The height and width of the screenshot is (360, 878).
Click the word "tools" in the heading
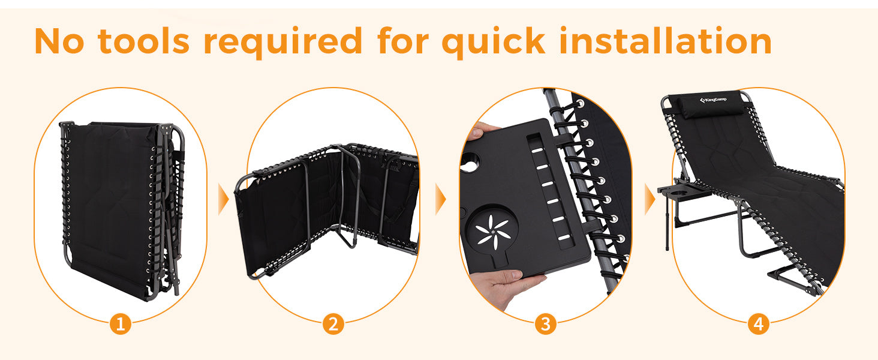click(x=143, y=41)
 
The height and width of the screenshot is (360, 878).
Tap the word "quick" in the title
click(x=494, y=42)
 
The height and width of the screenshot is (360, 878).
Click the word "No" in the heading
click(x=59, y=41)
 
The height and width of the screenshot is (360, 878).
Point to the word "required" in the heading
click(x=283, y=42)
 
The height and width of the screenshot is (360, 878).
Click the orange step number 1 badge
click(x=121, y=324)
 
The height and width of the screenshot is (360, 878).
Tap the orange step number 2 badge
click(x=333, y=324)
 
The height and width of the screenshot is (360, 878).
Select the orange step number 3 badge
click(x=546, y=324)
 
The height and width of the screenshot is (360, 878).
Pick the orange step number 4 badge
click(x=759, y=324)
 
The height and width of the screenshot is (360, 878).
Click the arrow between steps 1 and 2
click(x=224, y=199)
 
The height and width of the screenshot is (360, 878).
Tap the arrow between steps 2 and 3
click(x=441, y=199)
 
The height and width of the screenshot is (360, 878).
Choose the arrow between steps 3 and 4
click(x=650, y=199)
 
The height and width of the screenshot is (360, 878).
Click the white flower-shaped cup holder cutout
click(x=493, y=232)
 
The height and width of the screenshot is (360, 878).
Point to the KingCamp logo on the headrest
click(x=713, y=100)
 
